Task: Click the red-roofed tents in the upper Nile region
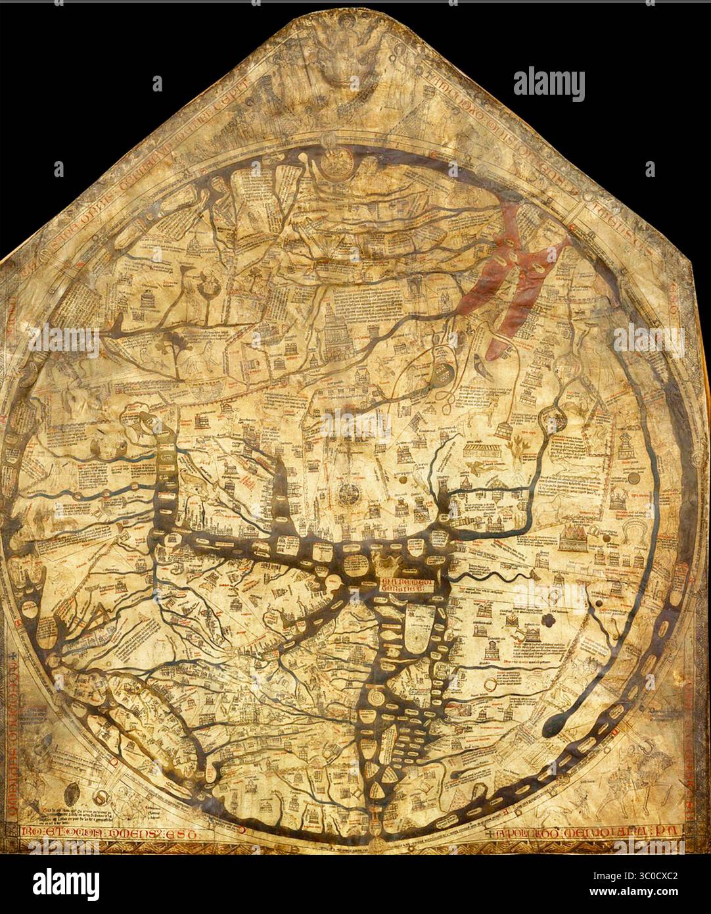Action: [x=578, y=539]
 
